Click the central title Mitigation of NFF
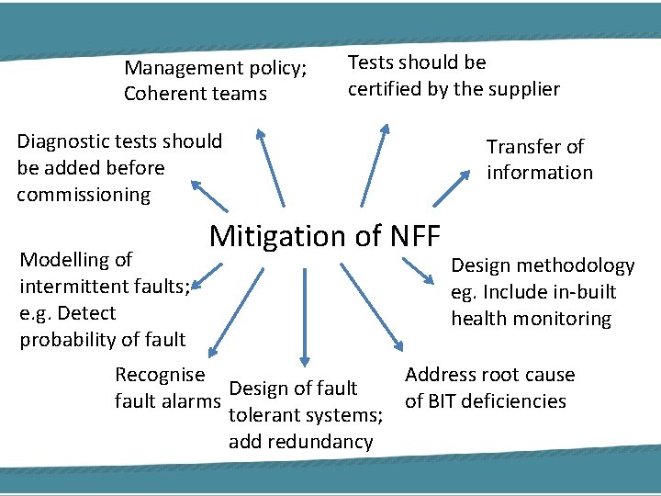[x=325, y=236]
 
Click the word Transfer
[x=521, y=147]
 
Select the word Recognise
[x=160, y=374]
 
